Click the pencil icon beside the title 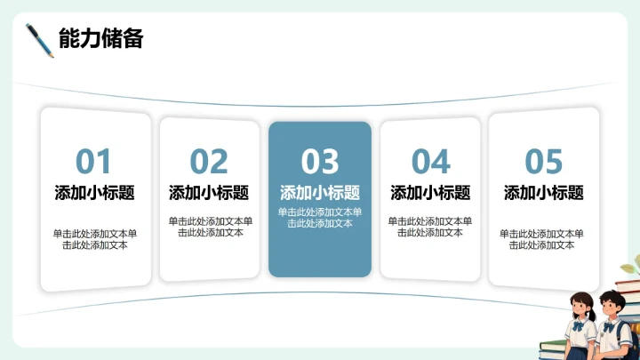(x=40, y=40)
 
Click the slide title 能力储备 (x=100, y=39)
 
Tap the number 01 (x=93, y=163)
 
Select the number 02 (x=209, y=162)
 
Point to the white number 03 (x=320, y=162)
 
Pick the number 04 (x=431, y=162)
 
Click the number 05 (x=544, y=163)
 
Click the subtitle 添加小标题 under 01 (x=94, y=193)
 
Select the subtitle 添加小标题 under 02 (x=209, y=193)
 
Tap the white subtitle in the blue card (x=320, y=192)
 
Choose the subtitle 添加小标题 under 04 (x=431, y=193)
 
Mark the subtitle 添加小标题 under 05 (x=544, y=193)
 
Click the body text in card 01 (x=94, y=239)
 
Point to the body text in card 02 (x=210, y=227)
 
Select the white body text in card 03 (x=320, y=218)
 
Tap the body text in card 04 (x=431, y=227)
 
